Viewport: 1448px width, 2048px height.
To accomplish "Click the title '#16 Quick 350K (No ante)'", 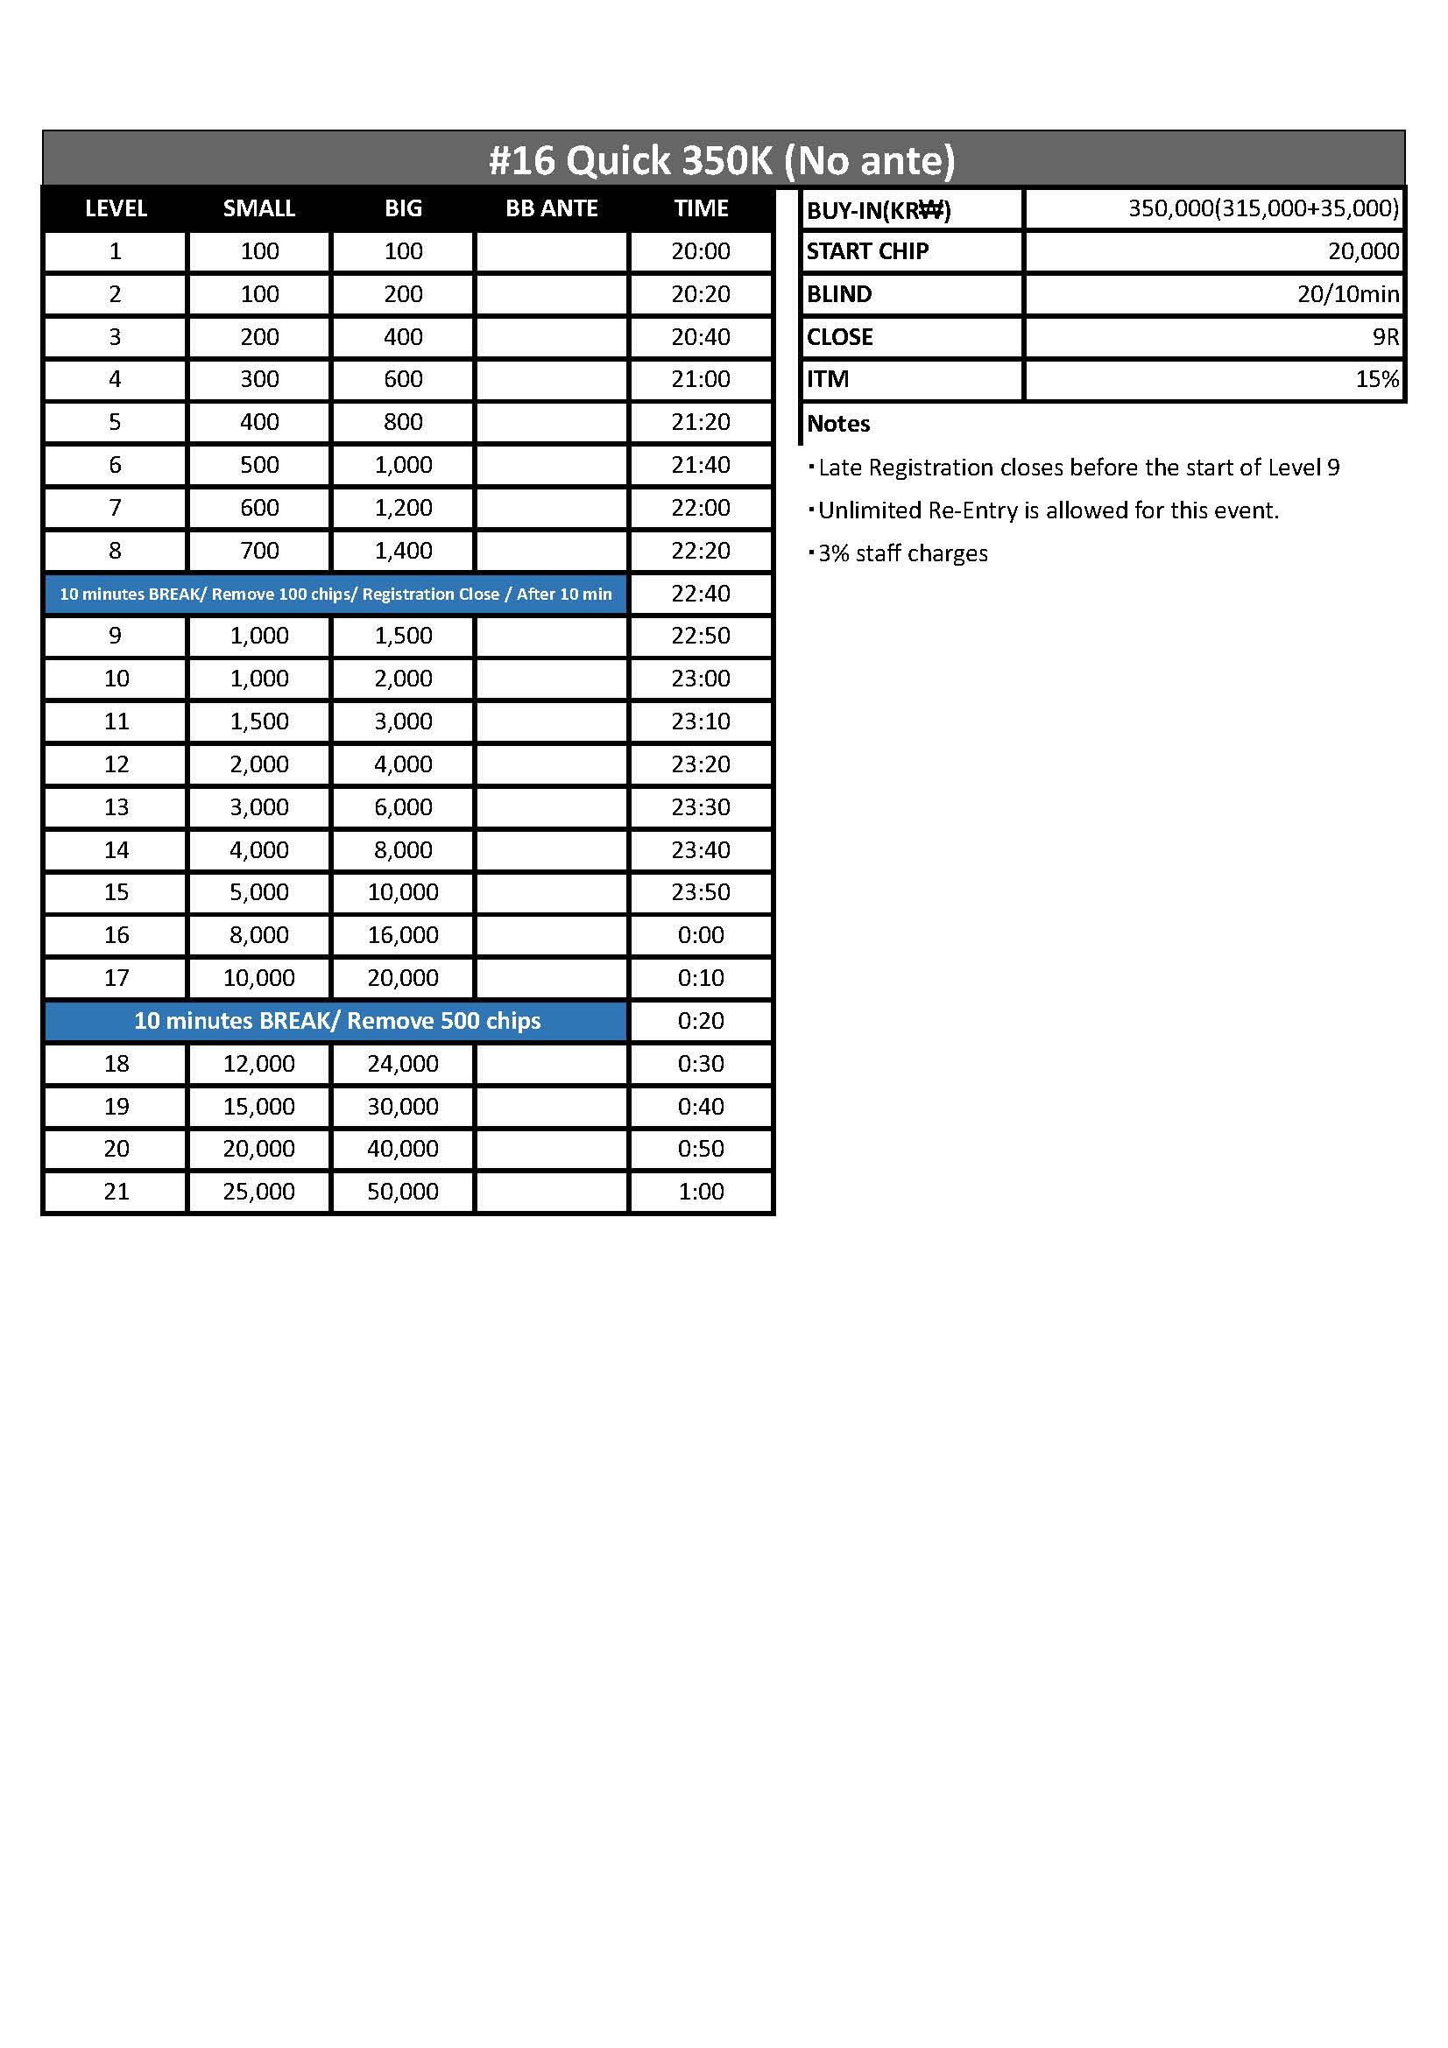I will [x=723, y=160].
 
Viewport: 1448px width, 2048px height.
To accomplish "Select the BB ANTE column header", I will [x=551, y=208].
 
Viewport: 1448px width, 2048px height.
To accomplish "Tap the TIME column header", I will [x=702, y=208].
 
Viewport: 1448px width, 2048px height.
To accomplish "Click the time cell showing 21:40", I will [x=702, y=465].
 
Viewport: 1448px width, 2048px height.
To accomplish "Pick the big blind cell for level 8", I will [x=403, y=551].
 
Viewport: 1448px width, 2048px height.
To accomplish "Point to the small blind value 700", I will [x=259, y=551].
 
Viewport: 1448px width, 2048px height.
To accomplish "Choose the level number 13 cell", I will [x=116, y=807].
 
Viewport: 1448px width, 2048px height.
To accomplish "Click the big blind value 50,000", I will [x=403, y=1192].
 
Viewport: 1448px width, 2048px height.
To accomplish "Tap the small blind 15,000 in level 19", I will [x=258, y=1106].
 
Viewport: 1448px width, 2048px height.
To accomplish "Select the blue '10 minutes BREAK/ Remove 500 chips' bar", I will [x=337, y=1020].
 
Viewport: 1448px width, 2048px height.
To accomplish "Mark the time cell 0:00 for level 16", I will [x=702, y=935].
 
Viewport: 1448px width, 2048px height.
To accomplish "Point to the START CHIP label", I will [x=867, y=251].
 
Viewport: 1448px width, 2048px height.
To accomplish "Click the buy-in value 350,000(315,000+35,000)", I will [x=1263, y=208].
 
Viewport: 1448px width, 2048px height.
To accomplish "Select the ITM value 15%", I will [x=1377, y=379].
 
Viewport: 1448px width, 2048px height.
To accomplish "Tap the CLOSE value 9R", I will [x=1386, y=337].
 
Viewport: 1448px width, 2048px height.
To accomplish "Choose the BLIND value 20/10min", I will [x=1348, y=294].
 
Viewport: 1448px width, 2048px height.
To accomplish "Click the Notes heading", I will [x=838, y=424].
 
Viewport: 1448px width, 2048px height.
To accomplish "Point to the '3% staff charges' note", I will [x=903, y=554].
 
